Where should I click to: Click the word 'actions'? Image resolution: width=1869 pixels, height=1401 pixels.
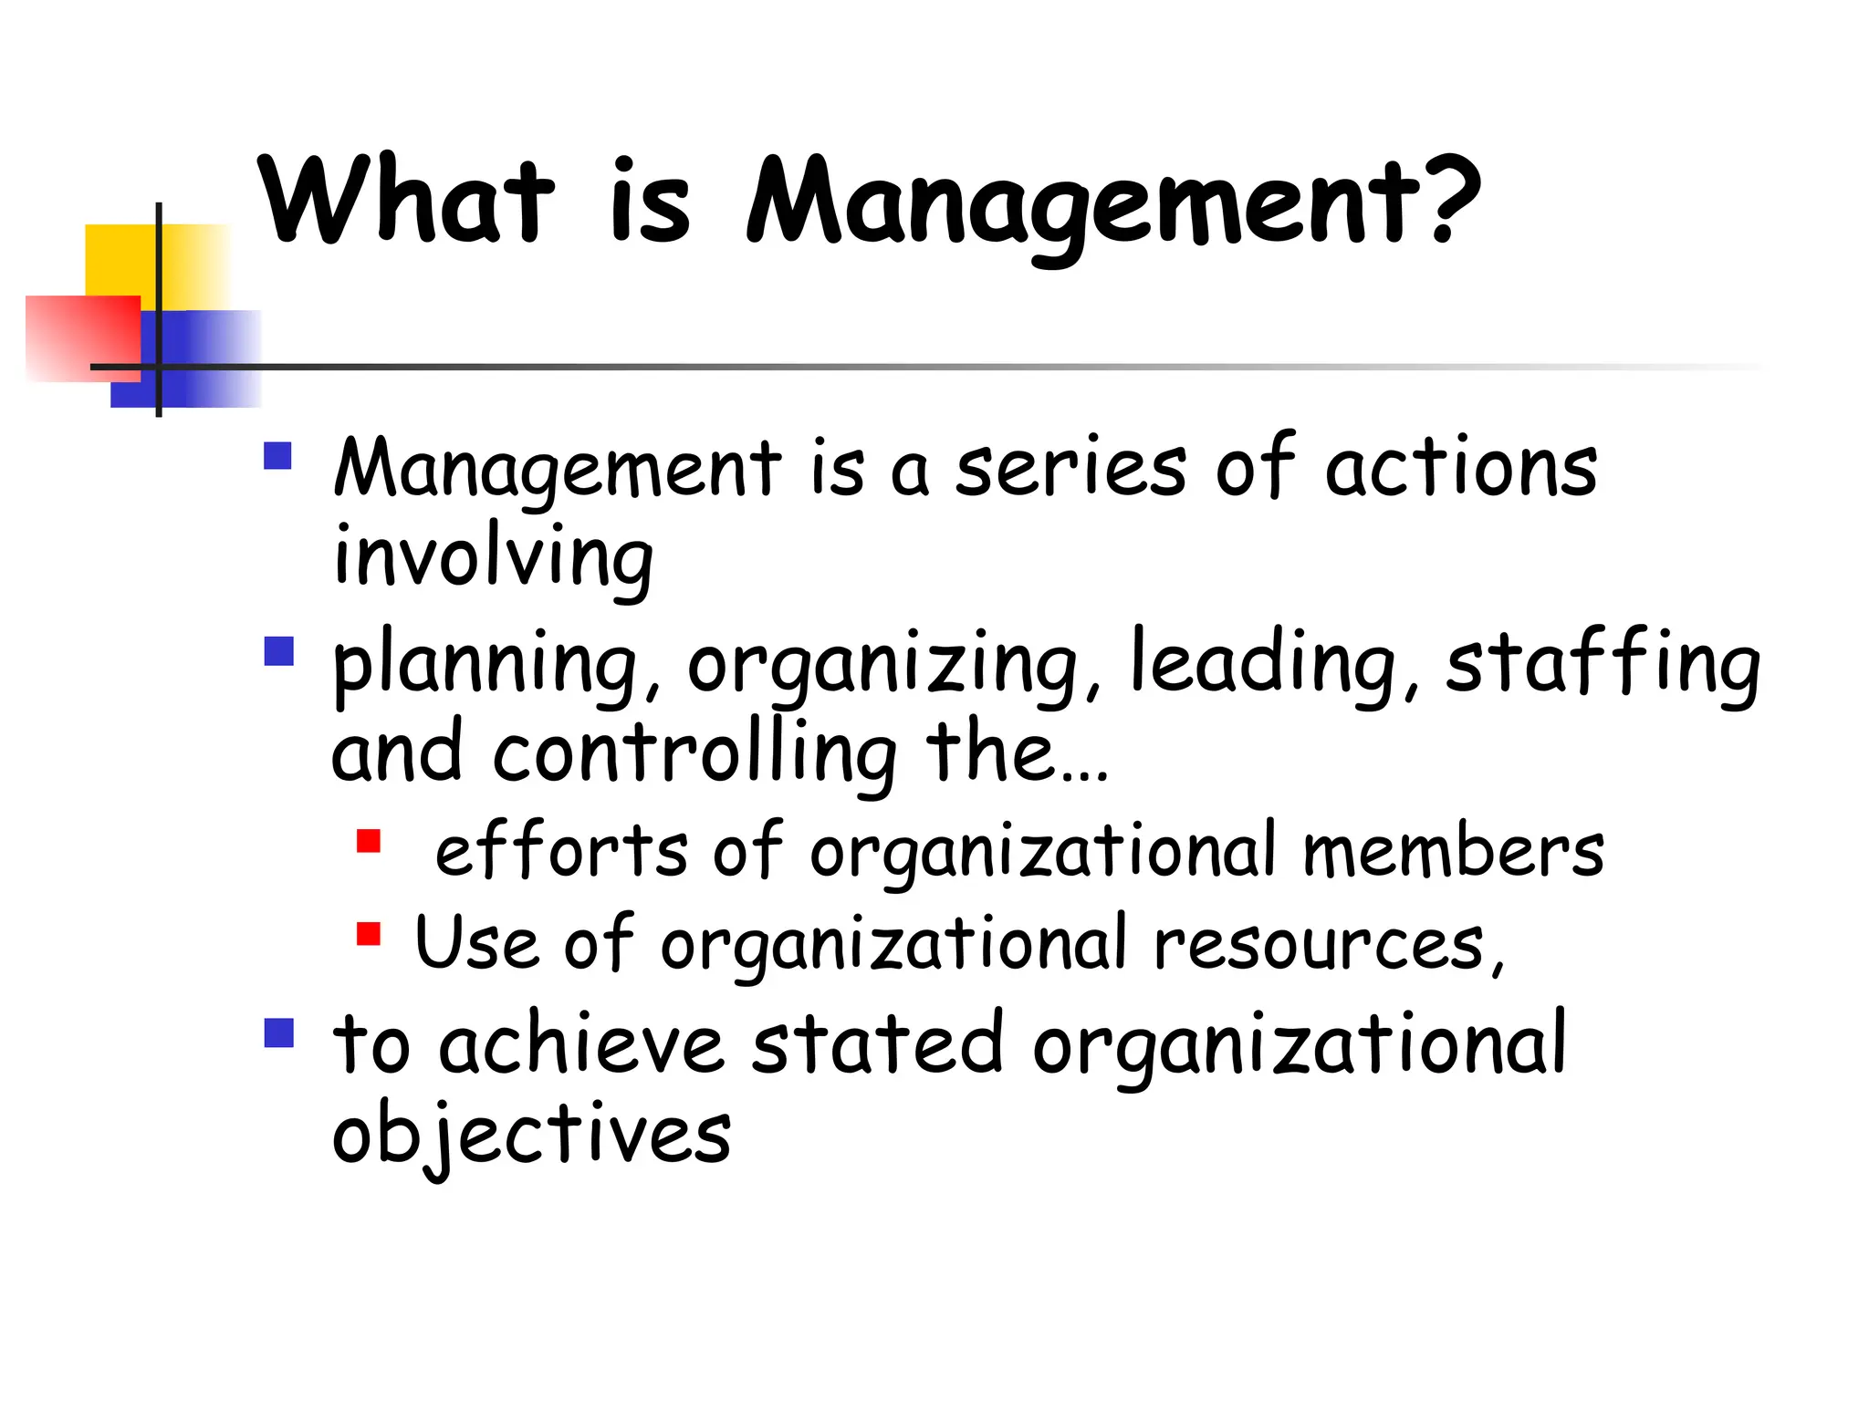click(x=1460, y=467)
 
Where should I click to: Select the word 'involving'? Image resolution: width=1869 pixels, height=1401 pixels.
click(x=494, y=556)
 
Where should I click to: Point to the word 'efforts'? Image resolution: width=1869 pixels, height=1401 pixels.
click(x=561, y=850)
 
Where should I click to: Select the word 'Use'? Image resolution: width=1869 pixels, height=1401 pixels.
click(x=476, y=943)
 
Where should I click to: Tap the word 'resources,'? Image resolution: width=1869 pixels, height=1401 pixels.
click(x=1329, y=945)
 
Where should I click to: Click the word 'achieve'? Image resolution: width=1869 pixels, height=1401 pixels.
click(x=581, y=1044)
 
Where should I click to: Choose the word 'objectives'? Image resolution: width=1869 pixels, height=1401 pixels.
click(x=531, y=1135)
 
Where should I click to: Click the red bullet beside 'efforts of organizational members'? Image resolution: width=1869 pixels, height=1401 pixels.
click(x=369, y=840)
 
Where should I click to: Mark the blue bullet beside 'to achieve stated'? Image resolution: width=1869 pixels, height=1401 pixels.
click(x=278, y=1033)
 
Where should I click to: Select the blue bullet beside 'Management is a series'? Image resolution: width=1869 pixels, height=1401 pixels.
click(x=277, y=455)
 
